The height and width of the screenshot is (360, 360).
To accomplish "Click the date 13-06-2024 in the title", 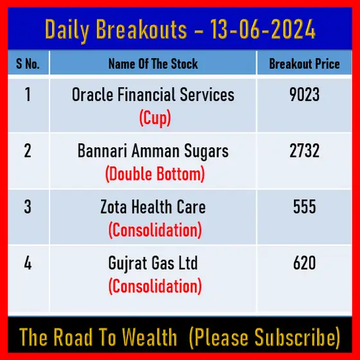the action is point(263,29).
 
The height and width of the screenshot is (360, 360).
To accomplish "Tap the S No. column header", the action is point(28,64).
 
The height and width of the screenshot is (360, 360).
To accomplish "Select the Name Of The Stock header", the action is point(153,64).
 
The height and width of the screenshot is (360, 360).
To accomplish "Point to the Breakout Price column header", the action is point(305,64).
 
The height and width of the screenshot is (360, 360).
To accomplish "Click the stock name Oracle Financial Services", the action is point(153,94).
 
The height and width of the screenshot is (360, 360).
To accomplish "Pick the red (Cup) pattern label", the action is point(155,118).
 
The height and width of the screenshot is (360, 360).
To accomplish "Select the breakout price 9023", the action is point(305,94).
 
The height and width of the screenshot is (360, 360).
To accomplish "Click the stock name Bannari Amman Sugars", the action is point(153,152).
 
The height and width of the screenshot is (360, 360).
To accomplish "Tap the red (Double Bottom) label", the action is point(155,174).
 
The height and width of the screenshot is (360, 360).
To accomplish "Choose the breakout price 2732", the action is point(305,150).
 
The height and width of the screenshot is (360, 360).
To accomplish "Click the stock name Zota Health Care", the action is point(153,206).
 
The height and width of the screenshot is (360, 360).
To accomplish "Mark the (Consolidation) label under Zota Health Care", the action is point(155,230).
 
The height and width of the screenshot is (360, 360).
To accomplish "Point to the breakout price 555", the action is point(305,206).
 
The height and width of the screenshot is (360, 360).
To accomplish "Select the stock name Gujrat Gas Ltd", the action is point(153,264).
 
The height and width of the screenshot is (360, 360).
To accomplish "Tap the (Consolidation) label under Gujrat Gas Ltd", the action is point(155,286).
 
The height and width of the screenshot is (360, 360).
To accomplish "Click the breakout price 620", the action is point(305,263).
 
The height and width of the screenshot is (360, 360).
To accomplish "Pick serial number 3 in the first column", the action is point(28,206).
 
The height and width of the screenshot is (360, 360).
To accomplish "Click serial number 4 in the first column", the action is point(28,263).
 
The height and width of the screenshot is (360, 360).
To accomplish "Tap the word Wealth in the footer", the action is point(149,337).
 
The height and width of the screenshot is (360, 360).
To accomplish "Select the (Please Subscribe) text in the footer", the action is point(264,337).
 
